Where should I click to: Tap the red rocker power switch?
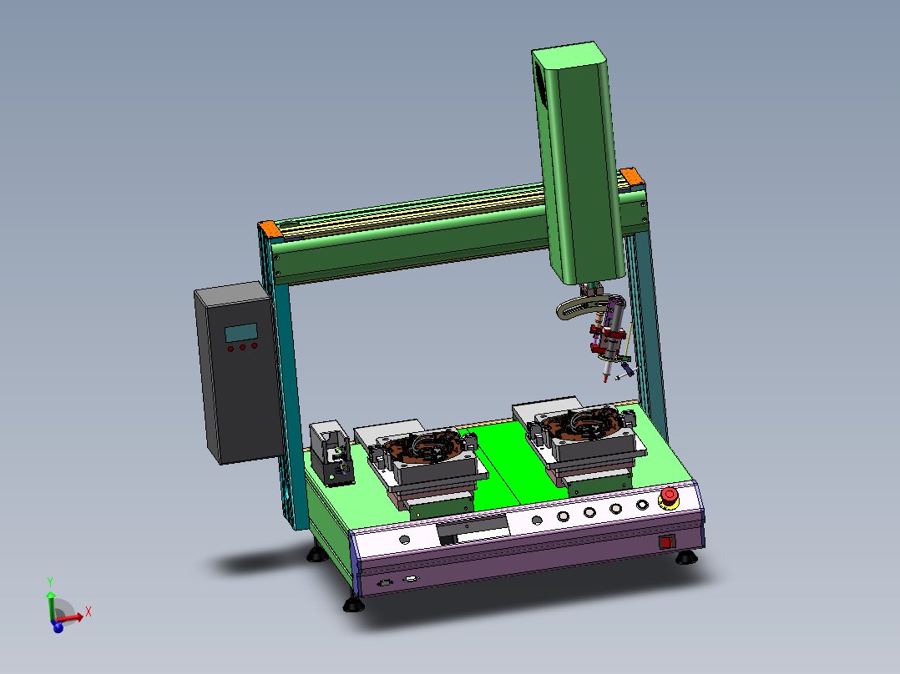tap(666, 542)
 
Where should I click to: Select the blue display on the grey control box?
tap(241, 333)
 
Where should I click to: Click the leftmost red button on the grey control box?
tap(230, 349)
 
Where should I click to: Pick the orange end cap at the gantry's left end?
tap(271, 229)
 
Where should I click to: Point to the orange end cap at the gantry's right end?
tap(631, 176)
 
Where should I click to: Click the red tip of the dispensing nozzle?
tap(605, 378)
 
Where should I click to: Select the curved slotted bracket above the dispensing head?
tap(579, 306)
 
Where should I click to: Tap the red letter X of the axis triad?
tap(88, 611)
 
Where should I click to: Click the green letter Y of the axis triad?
tap(50, 582)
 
